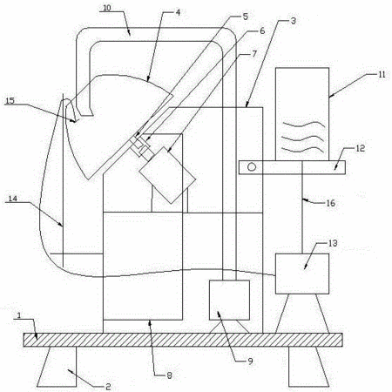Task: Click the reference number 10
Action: (107, 8)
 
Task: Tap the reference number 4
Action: (178, 12)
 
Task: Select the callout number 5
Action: (246, 17)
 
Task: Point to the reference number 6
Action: (262, 30)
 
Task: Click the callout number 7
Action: (254, 54)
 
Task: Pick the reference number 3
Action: (294, 21)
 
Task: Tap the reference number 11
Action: (382, 74)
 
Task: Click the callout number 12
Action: (361, 148)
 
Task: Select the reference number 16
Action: (331, 203)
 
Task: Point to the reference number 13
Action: (333, 243)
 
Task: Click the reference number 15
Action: (10, 100)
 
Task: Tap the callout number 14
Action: (13, 199)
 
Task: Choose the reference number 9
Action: (250, 362)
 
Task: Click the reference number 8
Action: (169, 375)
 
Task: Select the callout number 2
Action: (108, 387)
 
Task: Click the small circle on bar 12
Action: (252, 167)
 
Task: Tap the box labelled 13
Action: (302, 274)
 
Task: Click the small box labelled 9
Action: (229, 300)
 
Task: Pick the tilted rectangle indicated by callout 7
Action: (167, 175)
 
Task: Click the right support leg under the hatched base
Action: (308, 367)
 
